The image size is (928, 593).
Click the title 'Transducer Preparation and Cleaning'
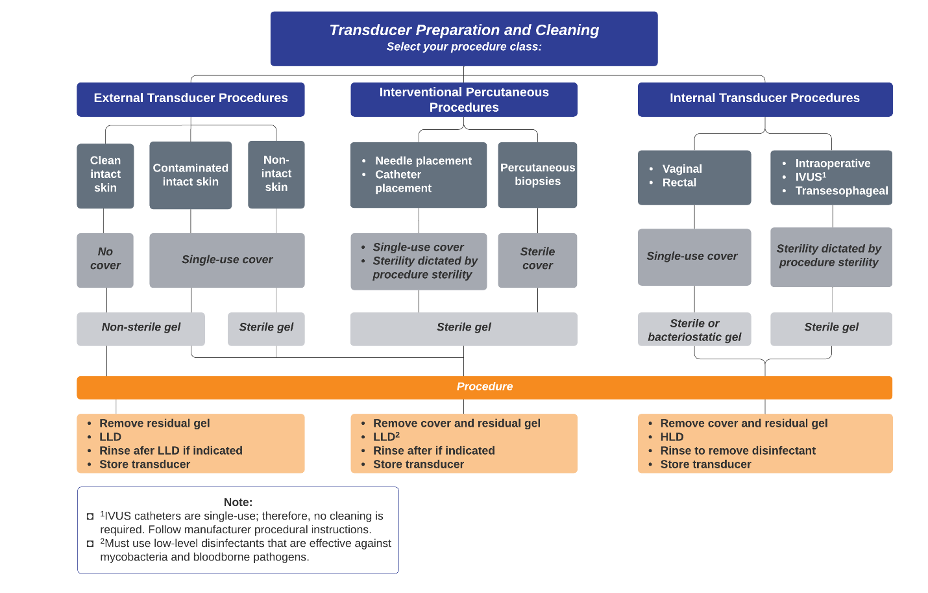pos(464,30)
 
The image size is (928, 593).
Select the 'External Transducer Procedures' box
pos(191,99)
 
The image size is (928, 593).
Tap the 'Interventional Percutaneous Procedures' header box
pos(464,99)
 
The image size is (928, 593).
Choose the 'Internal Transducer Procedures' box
pos(764,99)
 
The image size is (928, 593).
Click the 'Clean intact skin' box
pos(105,176)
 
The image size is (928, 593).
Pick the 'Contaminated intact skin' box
pos(191,175)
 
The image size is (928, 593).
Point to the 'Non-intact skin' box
pos(276,175)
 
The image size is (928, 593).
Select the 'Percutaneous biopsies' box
pos(537,175)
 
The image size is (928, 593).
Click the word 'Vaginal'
pos(682,169)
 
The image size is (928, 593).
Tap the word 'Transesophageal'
pos(842,191)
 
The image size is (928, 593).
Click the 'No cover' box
pos(105,260)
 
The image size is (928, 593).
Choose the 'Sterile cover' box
pos(537,260)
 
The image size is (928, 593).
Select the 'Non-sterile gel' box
pos(141,329)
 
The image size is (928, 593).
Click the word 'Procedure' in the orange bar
pos(485,386)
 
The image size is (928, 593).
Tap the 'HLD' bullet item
pos(672,436)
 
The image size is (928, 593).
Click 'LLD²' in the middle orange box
pos(386,436)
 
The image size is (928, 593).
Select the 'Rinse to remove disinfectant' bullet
pos(738,450)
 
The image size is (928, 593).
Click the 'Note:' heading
pos(238,502)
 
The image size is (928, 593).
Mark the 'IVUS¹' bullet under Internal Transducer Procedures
pos(811,177)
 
